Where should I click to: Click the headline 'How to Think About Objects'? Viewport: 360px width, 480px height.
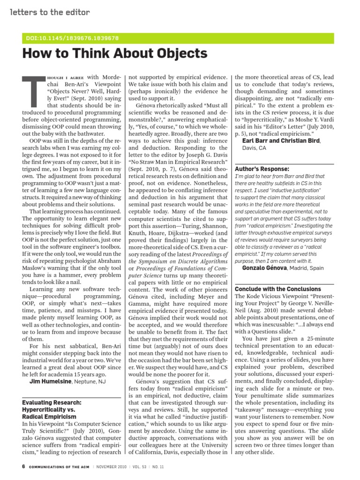115,54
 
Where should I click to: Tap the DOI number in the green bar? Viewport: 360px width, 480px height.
71,38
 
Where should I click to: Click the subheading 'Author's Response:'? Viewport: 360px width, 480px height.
262,168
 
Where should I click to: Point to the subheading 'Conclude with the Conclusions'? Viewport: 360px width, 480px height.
277,289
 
